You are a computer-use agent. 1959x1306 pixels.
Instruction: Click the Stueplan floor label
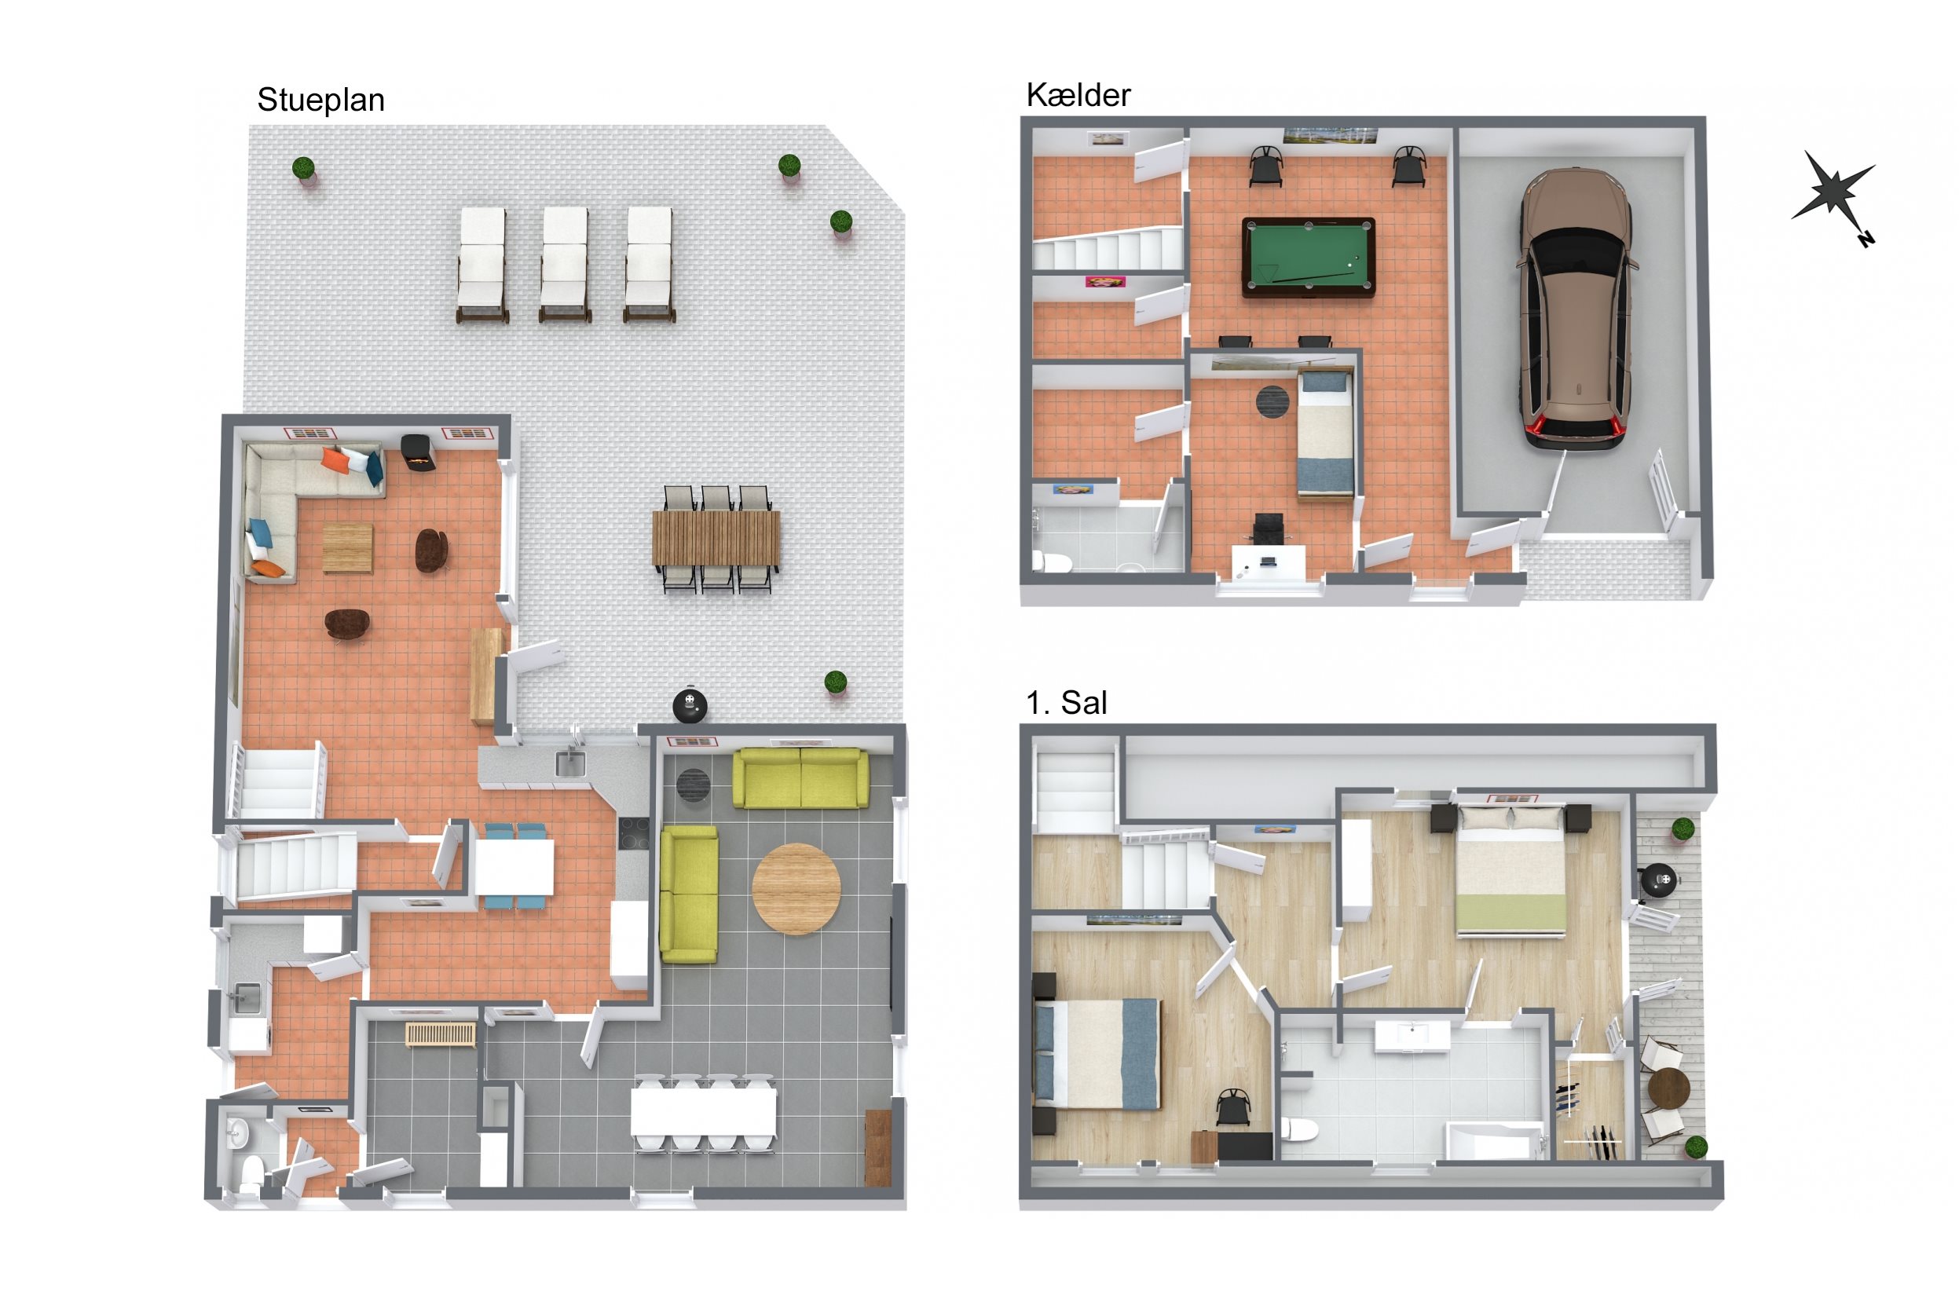click(x=320, y=100)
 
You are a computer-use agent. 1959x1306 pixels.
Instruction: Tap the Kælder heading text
click(x=1078, y=95)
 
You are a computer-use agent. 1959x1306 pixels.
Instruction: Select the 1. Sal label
click(x=1066, y=703)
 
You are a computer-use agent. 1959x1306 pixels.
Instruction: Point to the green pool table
click(x=1308, y=258)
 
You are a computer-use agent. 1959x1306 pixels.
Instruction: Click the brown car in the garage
click(x=1575, y=309)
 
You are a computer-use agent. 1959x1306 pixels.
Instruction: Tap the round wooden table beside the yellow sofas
click(x=796, y=889)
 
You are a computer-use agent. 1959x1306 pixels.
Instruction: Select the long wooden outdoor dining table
click(x=716, y=538)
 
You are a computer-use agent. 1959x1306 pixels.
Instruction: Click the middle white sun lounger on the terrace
click(x=565, y=263)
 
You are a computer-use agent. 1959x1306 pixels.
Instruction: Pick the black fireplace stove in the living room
click(x=418, y=453)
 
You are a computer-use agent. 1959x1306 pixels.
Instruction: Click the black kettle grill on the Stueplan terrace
click(x=690, y=705)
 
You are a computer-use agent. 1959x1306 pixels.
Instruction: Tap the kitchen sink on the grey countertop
click(x=570, y=763)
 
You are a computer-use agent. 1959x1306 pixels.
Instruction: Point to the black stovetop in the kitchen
click(x=633, y=833)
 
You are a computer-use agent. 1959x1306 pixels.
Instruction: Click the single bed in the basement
click(x=1325, y=434)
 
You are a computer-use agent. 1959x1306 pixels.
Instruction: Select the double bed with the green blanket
click(x=1511, y=870)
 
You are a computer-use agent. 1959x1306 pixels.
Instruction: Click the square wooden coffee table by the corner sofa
click(x=347, y=548)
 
